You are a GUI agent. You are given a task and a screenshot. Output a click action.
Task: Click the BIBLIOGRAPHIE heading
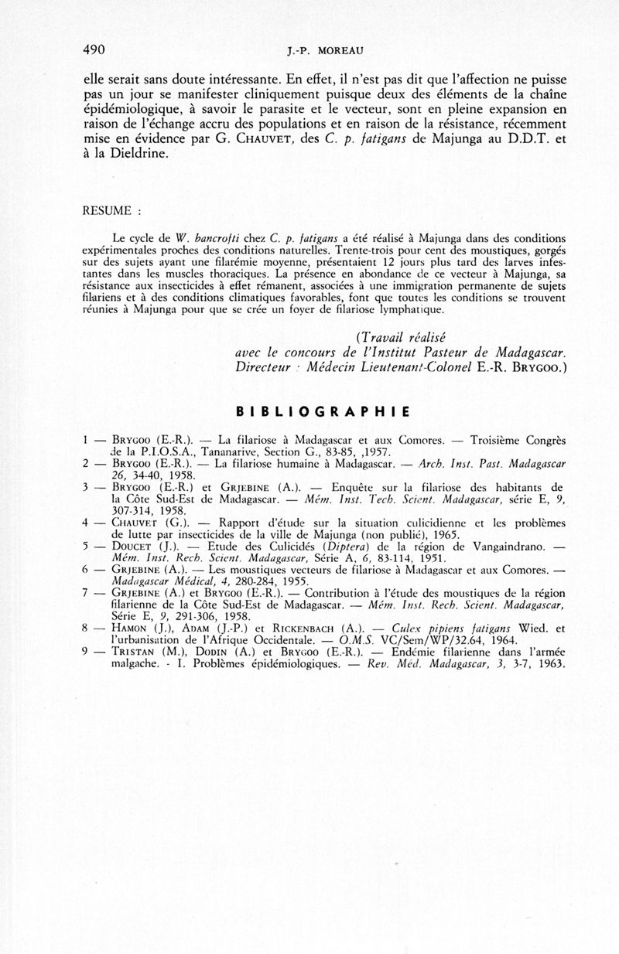point(322,410)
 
